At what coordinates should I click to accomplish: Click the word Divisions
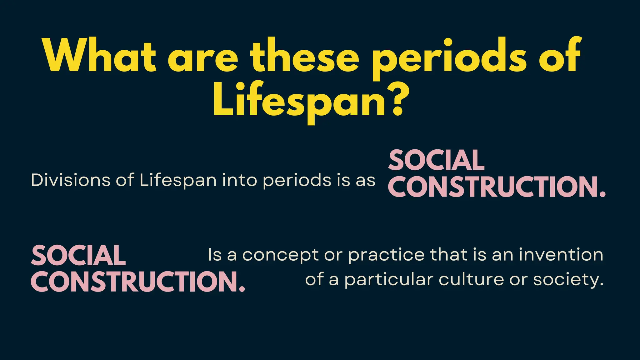71,180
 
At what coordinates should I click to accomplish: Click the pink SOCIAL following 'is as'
436,160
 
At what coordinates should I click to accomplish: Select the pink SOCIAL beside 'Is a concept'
78,255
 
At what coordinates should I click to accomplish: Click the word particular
389,280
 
